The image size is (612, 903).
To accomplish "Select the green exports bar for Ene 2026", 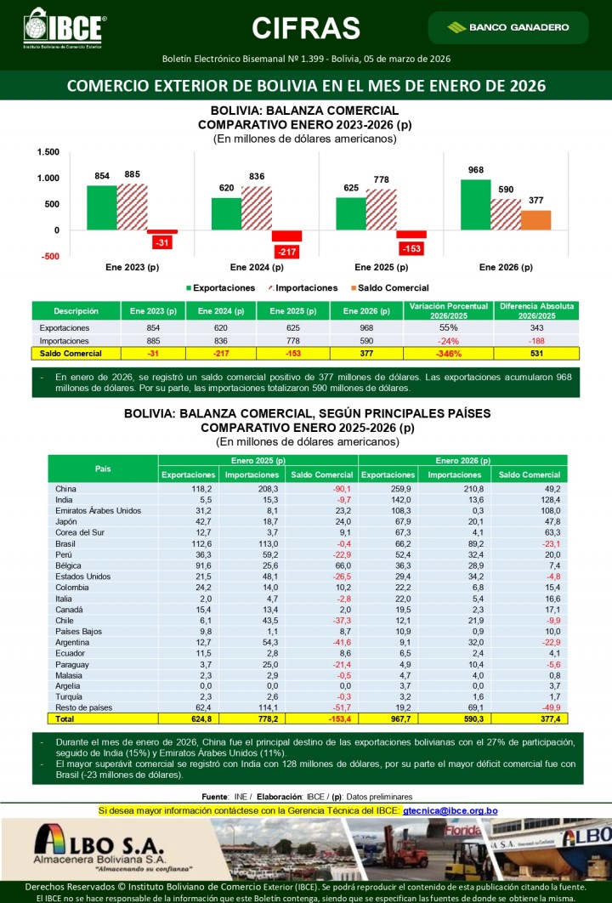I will point(475,204).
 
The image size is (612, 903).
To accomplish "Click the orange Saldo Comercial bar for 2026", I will point(535,219).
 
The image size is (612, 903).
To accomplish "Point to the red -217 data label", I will point(286,252).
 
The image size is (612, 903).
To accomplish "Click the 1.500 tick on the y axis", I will point(48,152).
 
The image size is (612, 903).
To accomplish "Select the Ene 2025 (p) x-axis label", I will point(381,267).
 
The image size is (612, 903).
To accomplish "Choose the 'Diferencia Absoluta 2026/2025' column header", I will point(536,310).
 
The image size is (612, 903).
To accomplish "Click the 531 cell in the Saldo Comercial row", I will point(536,353).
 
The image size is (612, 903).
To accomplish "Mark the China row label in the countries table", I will point(65,489).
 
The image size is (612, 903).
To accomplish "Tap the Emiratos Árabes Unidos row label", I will point(97,511).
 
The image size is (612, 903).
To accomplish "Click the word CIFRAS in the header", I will point(306,28).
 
